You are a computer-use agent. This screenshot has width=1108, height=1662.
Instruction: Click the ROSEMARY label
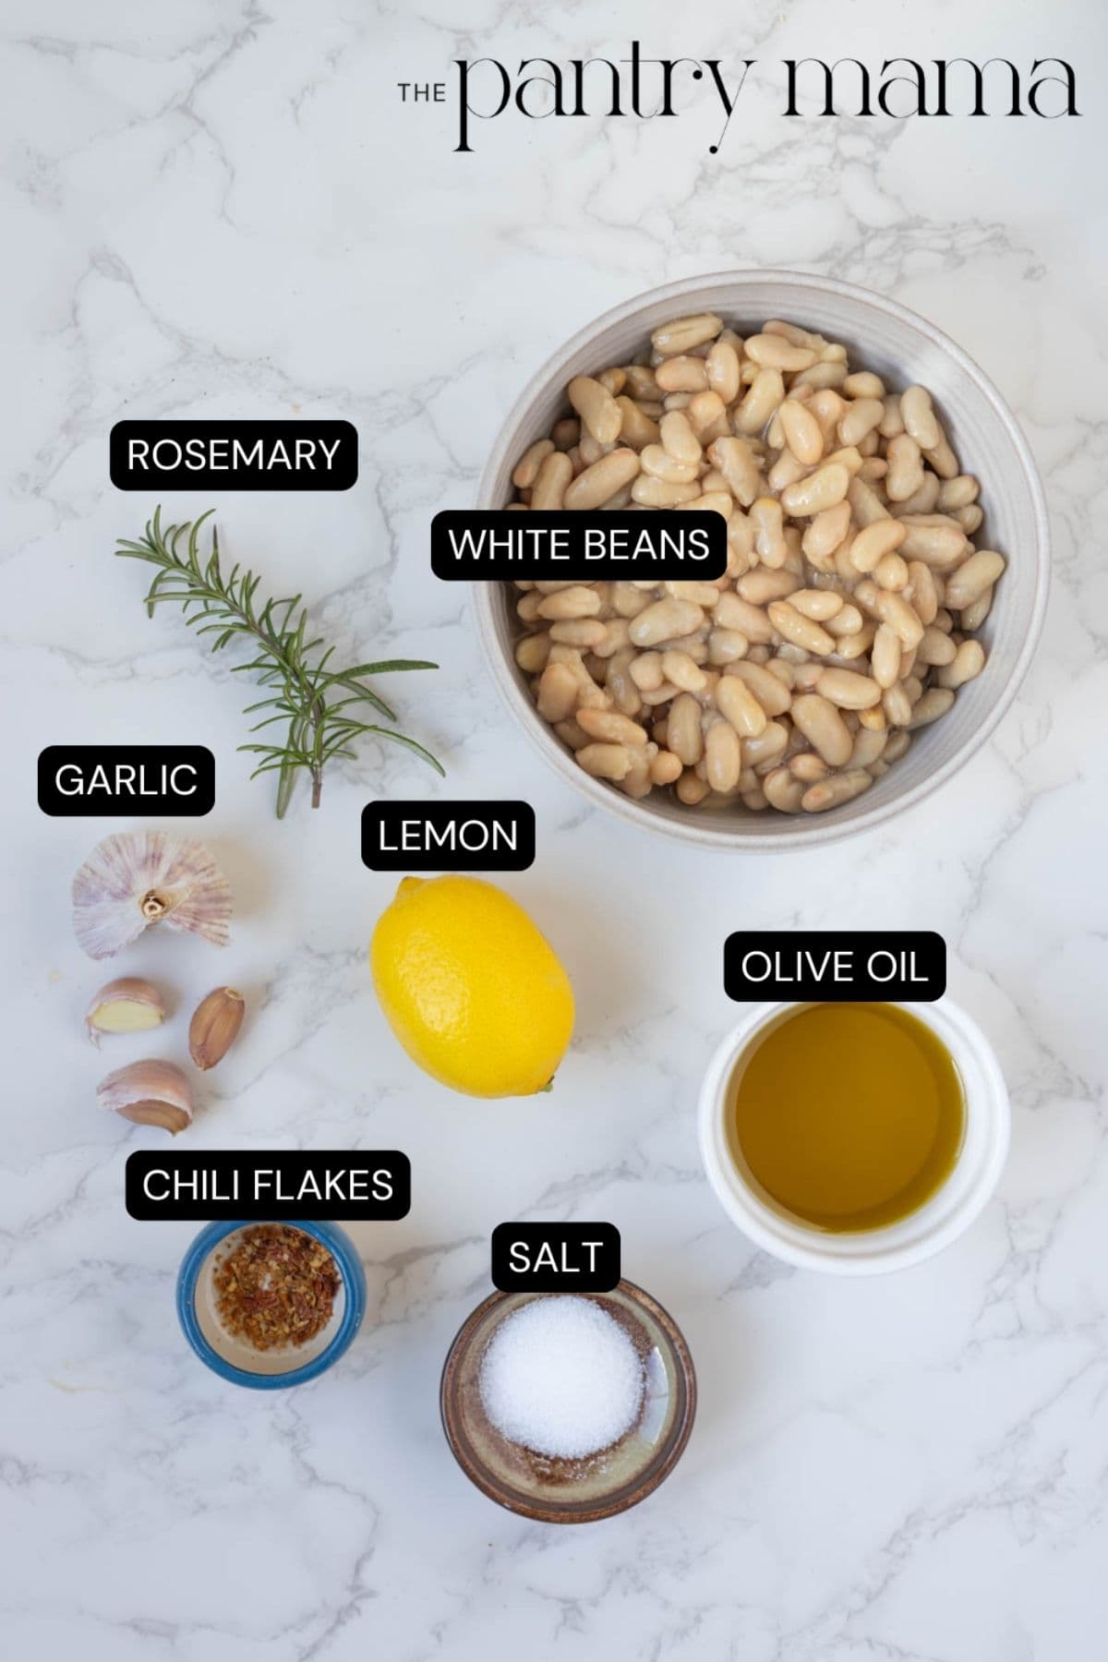tap(234, 455)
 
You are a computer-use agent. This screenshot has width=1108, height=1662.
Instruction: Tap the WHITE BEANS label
tap(579, 545)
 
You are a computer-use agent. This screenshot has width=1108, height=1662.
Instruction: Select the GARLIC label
tap(126, 780)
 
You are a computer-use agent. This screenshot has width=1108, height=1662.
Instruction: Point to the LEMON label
tap(448, 836)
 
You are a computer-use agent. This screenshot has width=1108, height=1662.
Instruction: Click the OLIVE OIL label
tap(834, 967)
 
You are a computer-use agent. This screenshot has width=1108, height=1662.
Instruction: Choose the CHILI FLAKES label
tap(268, 1185)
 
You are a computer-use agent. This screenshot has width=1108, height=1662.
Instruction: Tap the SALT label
tap(555, 1257)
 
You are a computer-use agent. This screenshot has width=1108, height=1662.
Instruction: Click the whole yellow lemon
tap(471, 988)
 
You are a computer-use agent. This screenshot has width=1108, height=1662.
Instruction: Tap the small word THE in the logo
tap(421, 92)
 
